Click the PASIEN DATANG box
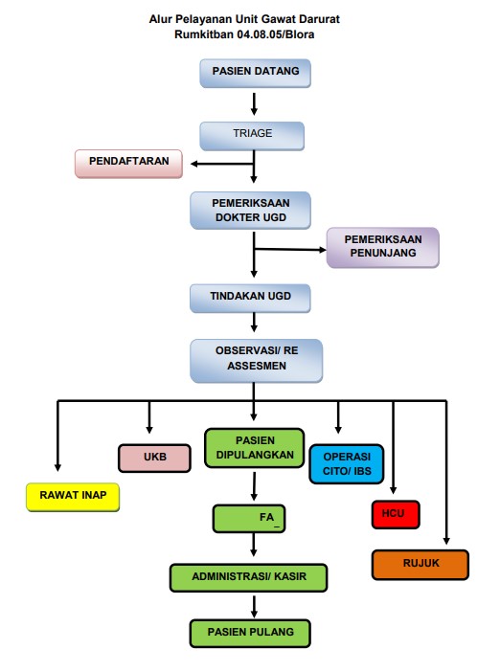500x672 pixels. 255,74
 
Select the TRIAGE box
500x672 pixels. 252,136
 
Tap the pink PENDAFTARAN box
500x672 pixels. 128,164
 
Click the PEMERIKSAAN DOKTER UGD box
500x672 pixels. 250,211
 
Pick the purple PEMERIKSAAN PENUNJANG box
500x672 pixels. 383,248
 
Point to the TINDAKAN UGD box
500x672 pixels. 250,298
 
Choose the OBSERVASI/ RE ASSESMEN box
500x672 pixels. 257,361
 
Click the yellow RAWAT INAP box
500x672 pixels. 73,497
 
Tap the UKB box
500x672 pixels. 154,459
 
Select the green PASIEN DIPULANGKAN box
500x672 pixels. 255,448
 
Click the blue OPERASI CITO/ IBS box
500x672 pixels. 347,464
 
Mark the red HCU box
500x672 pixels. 396,514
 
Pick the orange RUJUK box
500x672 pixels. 420,565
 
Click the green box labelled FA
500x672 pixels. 249,519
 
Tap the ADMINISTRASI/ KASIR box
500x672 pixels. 249,578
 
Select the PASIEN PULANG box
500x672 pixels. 250,633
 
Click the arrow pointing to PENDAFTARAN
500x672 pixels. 222,164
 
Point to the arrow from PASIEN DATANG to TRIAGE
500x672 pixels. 254,104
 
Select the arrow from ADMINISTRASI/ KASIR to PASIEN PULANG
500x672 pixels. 254,607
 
